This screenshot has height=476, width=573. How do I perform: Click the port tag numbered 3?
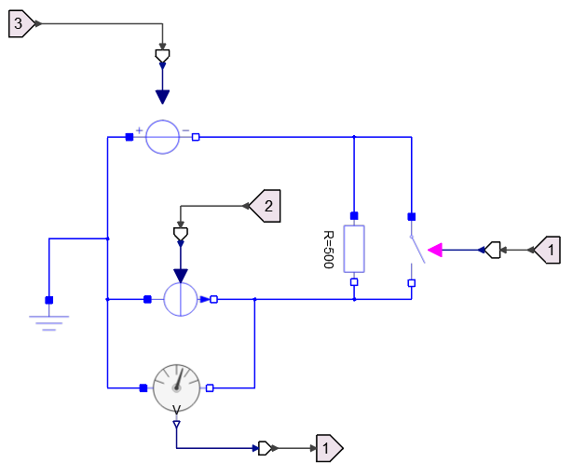[20, 24]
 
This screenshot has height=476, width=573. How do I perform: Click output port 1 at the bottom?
[329, 448]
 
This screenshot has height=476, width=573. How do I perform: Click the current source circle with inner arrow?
[181, 300]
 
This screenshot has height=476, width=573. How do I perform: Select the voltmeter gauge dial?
[176, 387]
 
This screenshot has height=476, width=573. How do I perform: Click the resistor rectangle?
[354, 249]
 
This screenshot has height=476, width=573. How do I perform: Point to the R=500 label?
[329, 250]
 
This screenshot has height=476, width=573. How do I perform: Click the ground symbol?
[49, 320]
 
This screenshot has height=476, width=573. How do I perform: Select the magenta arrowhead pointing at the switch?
[434, 250]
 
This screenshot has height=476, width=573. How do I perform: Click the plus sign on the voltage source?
[140, 129]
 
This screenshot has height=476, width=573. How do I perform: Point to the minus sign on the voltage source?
[185, 129]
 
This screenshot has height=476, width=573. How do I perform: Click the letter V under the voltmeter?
[176, 410]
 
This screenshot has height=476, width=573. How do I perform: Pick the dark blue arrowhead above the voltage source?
[162, 97]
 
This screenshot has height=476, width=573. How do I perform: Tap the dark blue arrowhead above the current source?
[181, 274]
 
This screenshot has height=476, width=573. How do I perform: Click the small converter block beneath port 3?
[162, 58]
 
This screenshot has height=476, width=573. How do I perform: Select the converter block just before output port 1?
[266, 448]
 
